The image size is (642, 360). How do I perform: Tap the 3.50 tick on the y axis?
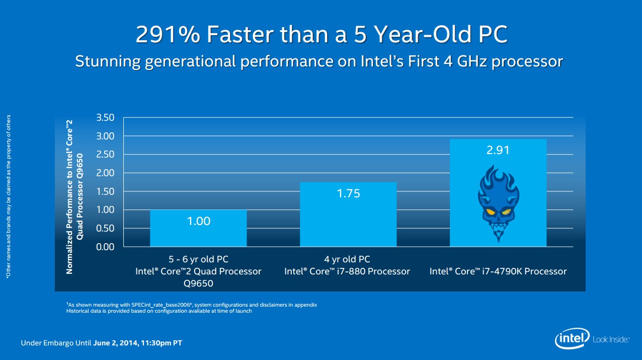click(x=105, y=118)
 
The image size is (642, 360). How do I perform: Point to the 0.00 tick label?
click(x=105, y=247)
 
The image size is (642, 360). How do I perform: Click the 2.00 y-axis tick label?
click(x=105, y=173)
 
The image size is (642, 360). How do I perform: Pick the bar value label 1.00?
click(x=198, y=221)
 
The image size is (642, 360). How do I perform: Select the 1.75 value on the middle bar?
click(x=348, y=193)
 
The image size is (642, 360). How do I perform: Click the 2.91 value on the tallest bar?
click(x=498, y=151)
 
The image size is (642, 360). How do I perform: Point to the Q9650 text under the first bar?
click(x=198, y=283)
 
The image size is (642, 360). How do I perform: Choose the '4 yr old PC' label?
click(x=347, y=260)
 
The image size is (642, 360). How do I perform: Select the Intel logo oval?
click(x=573, y=340)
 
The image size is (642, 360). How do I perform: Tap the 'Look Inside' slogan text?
click(x=611, y=340)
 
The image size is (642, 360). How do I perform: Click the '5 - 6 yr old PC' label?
click(x=198, y=260)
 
